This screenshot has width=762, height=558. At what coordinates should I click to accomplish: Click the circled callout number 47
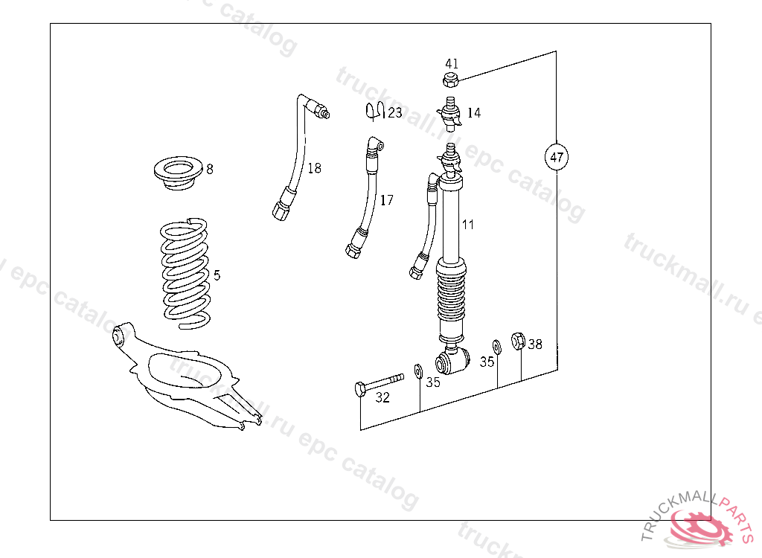point(557,157)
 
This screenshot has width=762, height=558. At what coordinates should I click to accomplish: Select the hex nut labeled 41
point(451,80)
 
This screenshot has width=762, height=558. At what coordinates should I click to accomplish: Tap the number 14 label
point(474,113)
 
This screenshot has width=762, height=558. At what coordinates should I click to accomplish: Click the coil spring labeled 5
point(185,274)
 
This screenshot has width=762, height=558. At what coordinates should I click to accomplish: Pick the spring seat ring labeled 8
point(178,173)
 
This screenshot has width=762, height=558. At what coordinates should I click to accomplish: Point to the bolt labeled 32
point(379,383)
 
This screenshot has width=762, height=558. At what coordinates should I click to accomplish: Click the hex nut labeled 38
point(518,341)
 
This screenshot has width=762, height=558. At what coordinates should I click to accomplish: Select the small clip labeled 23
point(375,112)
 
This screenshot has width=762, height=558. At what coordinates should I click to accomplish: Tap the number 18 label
point(315,168)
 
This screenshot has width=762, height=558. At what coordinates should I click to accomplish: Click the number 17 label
point(386,200)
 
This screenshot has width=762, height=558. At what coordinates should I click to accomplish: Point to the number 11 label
point(467,225)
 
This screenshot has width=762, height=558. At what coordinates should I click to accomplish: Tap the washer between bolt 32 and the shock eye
point(418,371)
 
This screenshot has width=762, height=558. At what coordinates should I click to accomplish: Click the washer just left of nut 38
point(496,347)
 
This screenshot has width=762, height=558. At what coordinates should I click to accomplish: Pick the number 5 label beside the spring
point(217,275)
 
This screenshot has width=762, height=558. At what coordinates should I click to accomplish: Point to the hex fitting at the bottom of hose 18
point(281,210)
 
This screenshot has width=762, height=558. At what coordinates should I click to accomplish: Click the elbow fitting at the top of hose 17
point(375,144)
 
